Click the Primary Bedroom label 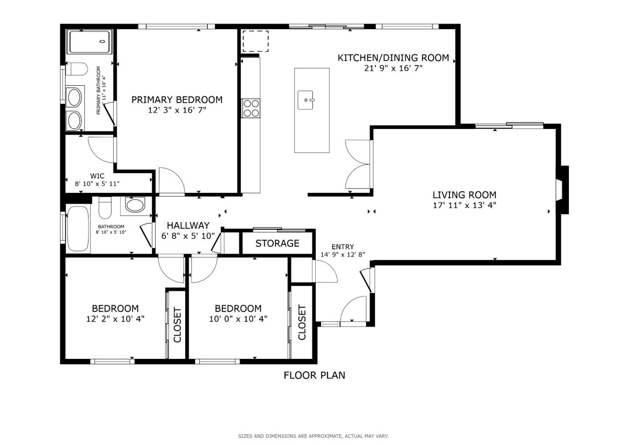(x=177, y=100)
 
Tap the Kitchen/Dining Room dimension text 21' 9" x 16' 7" (x=393, y=68)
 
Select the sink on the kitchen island (x=306, y=100)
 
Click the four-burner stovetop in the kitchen (x=251, y=108)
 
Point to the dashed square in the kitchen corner (x=255, y=41)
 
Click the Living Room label (x=464, y=195)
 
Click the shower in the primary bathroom (x=90, y=42)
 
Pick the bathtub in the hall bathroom (x=79, y=229)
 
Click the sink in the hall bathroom (x=135, y=205)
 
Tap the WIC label (x=97, y=176)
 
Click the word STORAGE (x=277, y=243)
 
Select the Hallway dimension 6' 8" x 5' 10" (x=188, y=236)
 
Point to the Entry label (x=342, y=247)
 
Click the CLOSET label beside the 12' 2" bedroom (x=177, y=325)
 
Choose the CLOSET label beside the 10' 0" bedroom (x=302, y=323)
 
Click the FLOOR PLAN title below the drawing (x=314, y=375)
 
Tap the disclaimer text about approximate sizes (x=313, y=436)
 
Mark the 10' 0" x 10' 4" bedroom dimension (x=238, y=319)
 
